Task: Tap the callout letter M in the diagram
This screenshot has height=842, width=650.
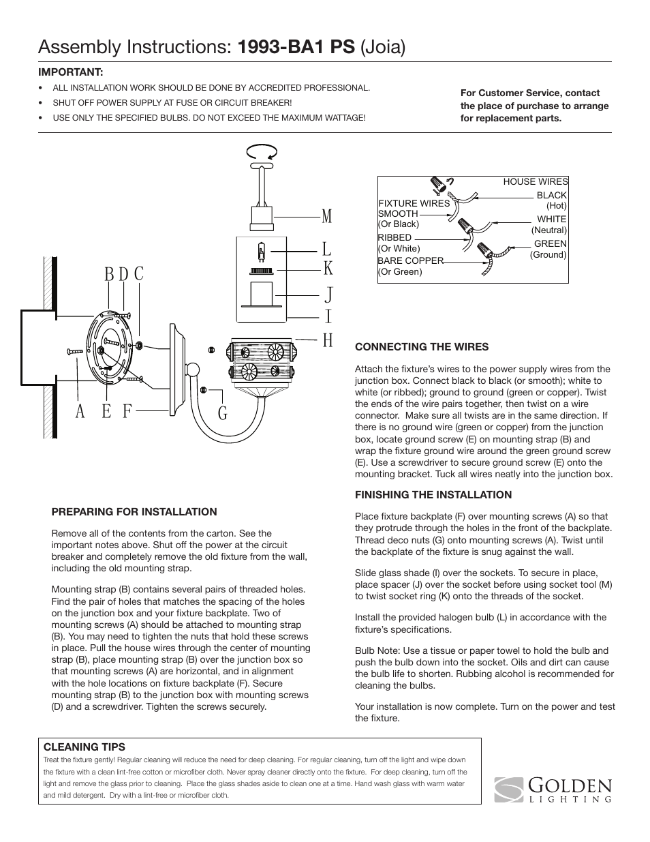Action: [328, 217]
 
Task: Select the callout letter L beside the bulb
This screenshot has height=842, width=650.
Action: [327, 250]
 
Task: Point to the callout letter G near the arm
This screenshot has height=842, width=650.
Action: [223, 413]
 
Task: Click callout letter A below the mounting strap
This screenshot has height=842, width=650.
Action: [80, 412]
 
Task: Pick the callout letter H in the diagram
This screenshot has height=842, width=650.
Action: [328, 340]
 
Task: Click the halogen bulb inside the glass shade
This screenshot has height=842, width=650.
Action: [260, 253]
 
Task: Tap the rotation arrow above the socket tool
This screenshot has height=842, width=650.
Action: [262, 151]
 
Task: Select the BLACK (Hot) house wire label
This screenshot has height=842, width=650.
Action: [551, 200]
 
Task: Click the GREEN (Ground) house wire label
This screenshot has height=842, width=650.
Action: [549, 249]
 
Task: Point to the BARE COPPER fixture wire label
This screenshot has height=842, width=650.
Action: [410, 260]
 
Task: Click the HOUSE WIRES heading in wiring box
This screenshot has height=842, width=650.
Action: [535, 181]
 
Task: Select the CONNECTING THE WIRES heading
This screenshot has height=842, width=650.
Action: [422, 347]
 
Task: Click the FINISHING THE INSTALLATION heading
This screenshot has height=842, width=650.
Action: [433, 495]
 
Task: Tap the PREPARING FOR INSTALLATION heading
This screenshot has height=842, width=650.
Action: [134, 512]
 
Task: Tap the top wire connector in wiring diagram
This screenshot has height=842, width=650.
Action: [438, 184]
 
